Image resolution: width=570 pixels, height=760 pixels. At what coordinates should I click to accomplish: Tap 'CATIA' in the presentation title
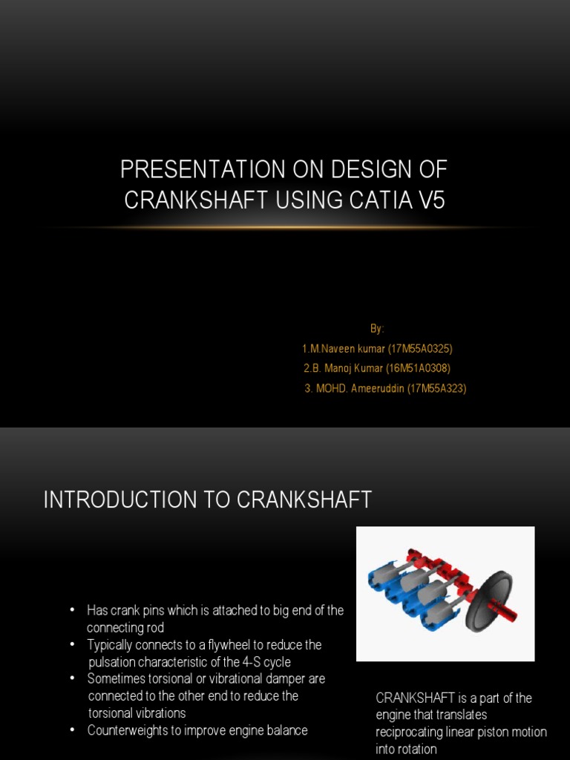373,200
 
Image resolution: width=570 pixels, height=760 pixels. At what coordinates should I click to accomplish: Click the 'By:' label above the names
378,328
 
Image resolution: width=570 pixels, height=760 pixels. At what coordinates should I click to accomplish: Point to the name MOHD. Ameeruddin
360,388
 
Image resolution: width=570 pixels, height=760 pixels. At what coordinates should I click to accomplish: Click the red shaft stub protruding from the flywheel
509,613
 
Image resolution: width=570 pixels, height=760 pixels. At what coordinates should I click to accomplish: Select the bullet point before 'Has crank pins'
72,610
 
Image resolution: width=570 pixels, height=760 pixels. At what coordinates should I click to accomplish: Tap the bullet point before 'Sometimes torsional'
72,678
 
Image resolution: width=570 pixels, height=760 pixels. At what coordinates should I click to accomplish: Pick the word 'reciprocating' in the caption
412,733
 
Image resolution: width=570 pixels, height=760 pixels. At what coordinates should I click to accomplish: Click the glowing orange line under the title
285,227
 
